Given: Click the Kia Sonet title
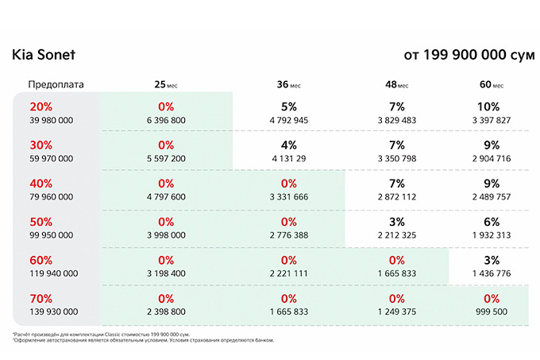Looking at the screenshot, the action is [44, 54].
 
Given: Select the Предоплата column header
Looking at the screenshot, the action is [56, 85].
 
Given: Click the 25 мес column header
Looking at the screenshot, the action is [166, 84].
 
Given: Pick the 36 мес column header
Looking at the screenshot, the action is [288, 84].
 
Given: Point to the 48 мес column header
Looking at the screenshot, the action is [397, 84].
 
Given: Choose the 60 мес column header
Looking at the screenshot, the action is [492, 84].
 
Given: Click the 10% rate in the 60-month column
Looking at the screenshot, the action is [488, 106].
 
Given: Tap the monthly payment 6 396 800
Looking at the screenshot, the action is [166, 120].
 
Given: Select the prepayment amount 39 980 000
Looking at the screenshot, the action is [52, 120].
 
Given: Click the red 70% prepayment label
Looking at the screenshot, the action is [41, 299].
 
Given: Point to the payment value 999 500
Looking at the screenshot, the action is [492, 312].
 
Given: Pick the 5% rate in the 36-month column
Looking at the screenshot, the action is [288, 106].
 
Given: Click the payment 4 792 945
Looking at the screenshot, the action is [288, 120].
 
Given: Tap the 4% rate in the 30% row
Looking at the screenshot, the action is [288, 145].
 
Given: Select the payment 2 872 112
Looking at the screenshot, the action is [397, 197].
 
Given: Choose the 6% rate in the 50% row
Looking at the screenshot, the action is [492, 222].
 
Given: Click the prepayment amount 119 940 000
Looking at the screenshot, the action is [54, 273].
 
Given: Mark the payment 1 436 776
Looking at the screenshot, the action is [492, 273].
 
